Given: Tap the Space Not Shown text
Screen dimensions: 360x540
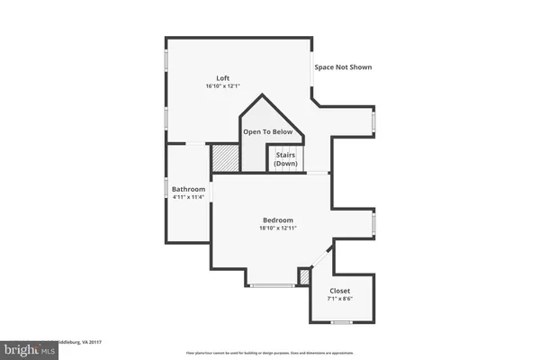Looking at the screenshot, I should [x=342, y=67].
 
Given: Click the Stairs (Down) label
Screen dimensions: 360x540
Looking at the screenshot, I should [x=285, y=159].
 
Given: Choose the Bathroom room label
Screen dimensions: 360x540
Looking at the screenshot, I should [x=189, y=189].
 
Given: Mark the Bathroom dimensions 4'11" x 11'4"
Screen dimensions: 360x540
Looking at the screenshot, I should [x=189, y=197].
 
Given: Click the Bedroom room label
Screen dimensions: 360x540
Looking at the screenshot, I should [x=278, y=220].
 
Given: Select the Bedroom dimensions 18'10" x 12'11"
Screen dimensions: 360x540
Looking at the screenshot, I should [x=278, y=229].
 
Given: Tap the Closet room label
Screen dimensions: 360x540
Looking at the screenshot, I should [x=340, y=291].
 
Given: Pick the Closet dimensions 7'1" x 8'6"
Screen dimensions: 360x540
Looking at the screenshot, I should [x=340, y=299].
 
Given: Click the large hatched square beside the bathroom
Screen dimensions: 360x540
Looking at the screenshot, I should [x=225, y=158].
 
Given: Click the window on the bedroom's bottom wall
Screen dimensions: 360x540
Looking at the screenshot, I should [x=272, y=286].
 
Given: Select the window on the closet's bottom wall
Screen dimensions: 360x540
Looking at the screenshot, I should [x=341, y=321].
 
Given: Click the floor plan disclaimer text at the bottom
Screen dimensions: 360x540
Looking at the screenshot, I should [x=270, y=353].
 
